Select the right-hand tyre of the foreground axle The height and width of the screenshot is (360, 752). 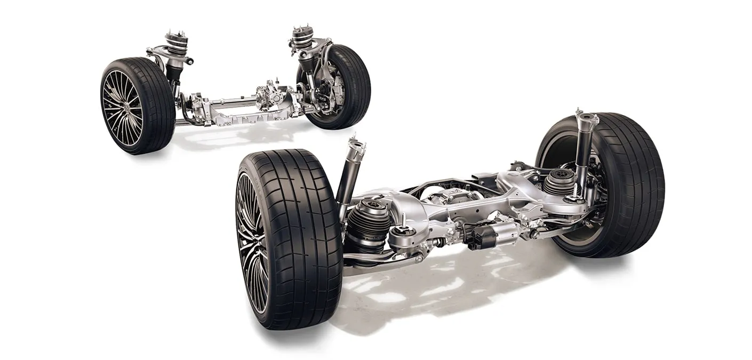pos(629,187)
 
